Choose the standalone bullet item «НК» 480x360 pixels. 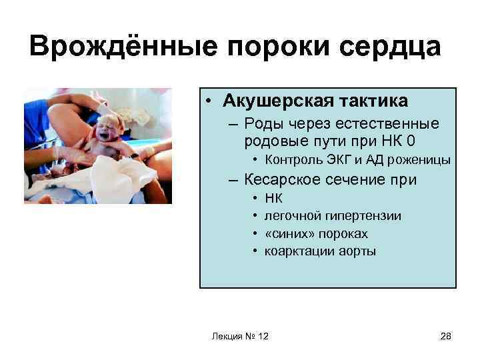pos(273,198)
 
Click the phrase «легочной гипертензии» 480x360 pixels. pos(333,216)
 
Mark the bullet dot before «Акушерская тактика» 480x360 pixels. pos(209,101)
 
